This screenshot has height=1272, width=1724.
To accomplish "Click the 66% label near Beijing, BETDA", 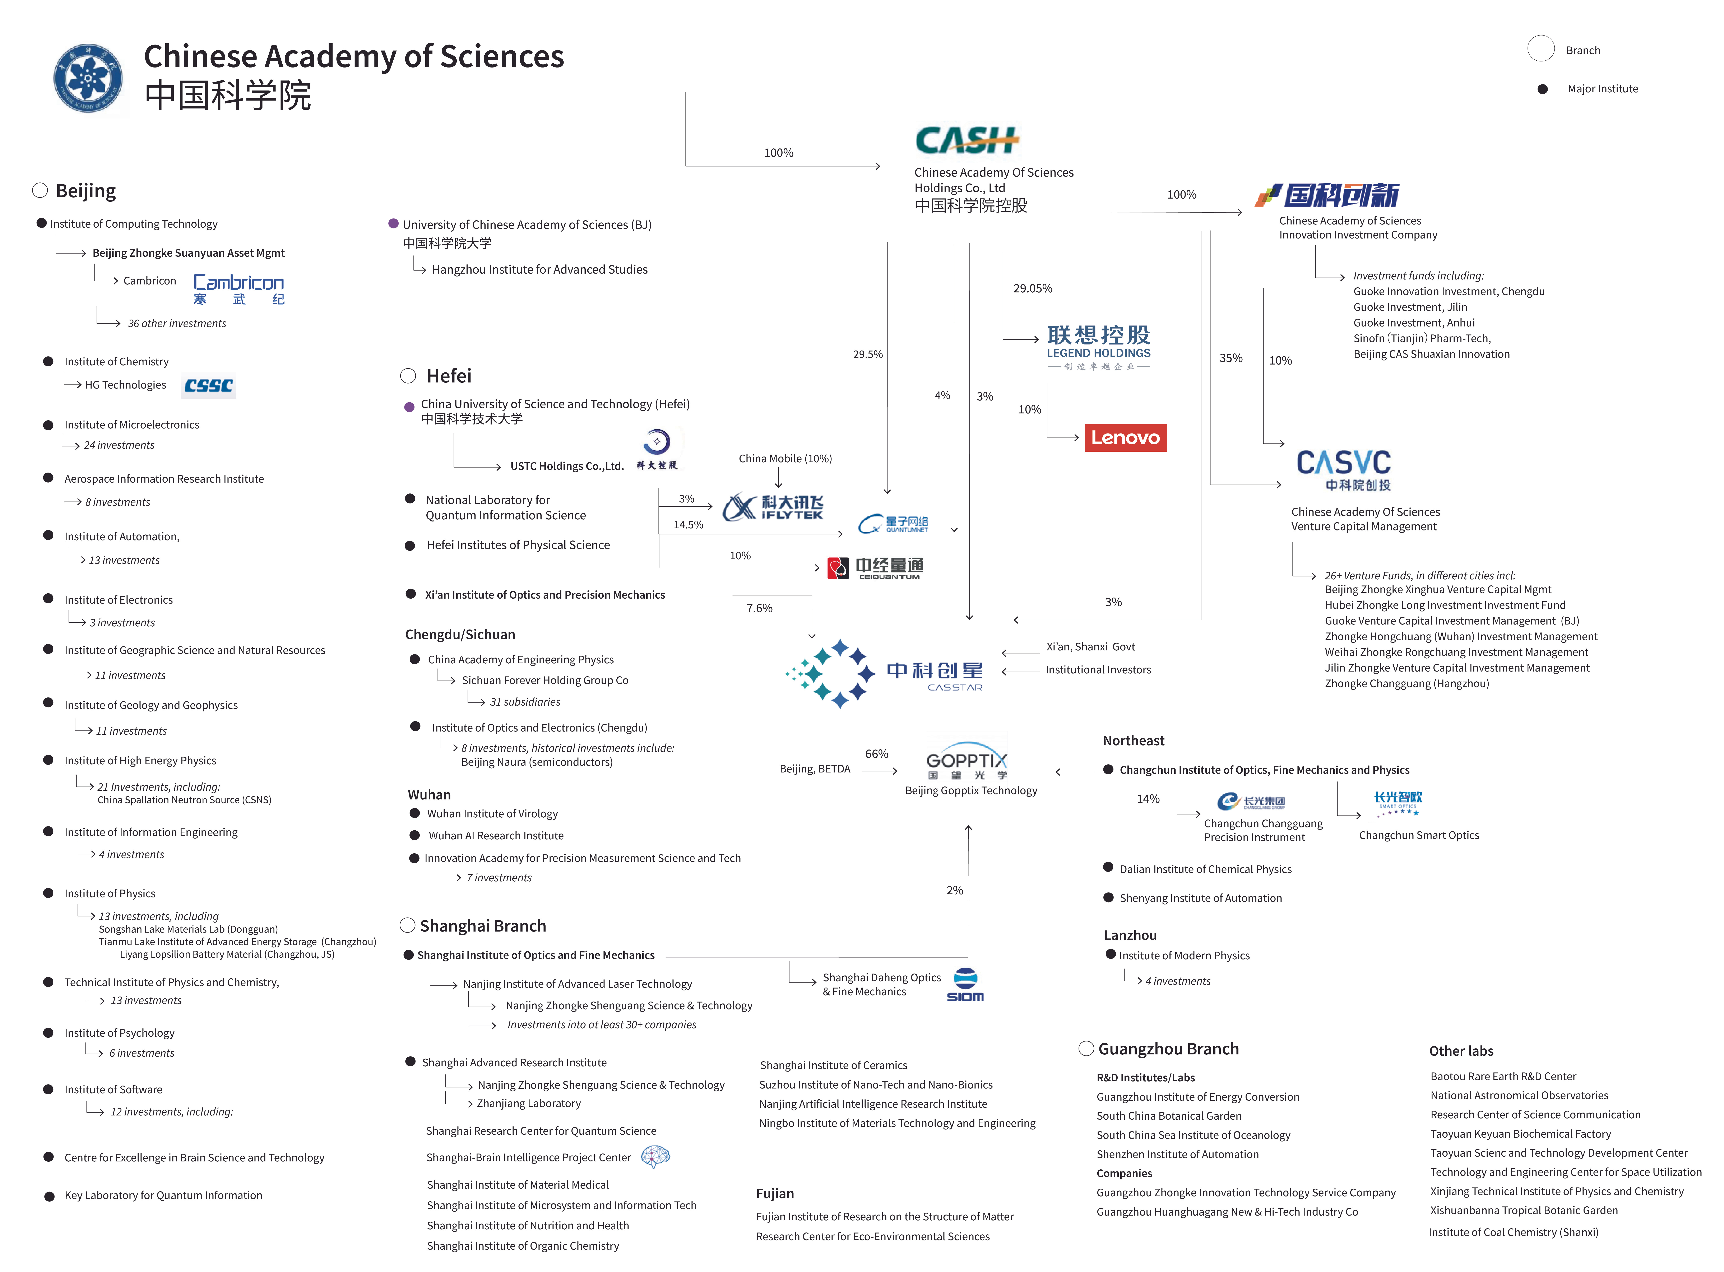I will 876,754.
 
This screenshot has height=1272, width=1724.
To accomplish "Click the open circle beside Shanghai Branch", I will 407,925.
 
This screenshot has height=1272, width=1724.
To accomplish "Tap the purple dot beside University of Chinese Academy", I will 393,224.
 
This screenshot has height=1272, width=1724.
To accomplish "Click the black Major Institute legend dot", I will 1542,89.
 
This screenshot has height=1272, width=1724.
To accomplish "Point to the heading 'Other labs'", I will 1461,1051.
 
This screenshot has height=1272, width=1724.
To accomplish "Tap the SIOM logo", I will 965,986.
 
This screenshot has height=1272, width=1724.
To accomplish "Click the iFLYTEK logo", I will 773,507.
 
